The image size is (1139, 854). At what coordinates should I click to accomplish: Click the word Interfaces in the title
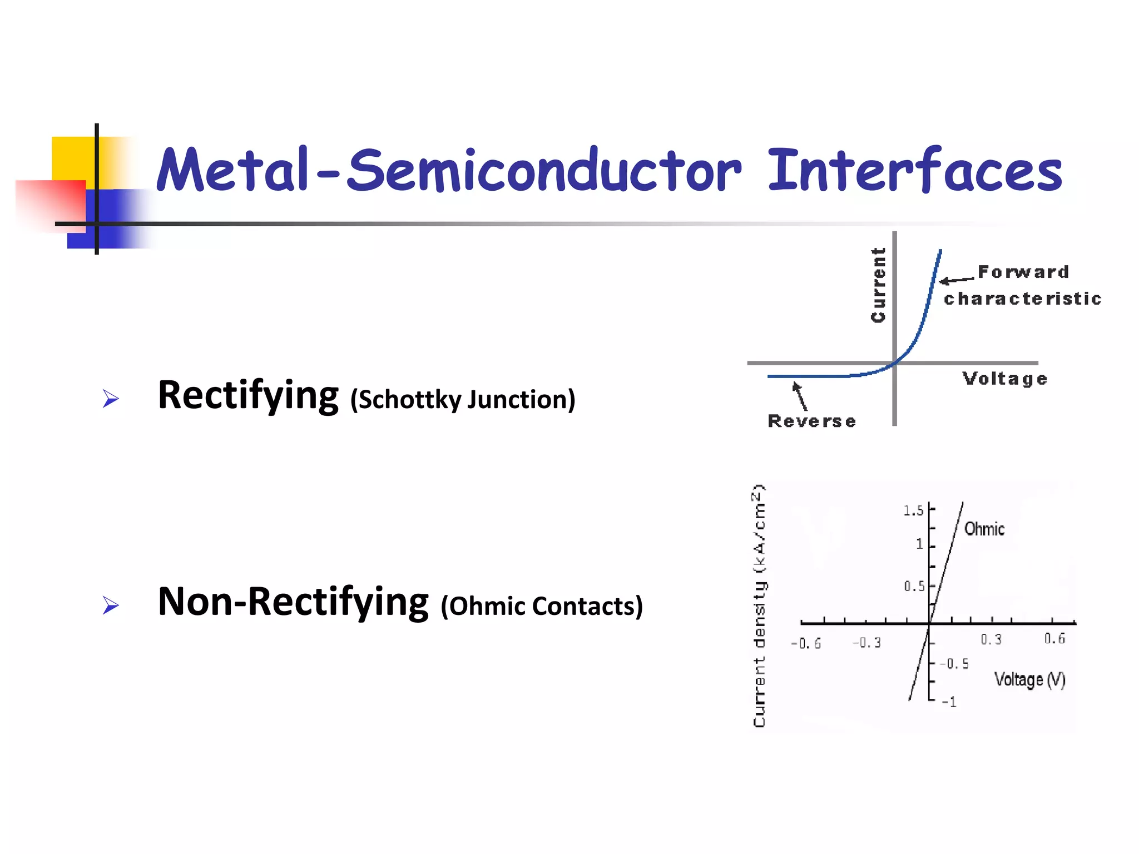coord(915,170)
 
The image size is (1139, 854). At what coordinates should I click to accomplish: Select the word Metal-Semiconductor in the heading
coord(448,170)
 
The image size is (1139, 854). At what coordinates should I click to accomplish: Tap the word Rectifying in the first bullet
coord(248,396)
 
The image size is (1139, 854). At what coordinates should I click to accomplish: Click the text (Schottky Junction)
coord(463,400)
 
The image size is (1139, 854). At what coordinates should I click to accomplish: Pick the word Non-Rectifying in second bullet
coord(293,602)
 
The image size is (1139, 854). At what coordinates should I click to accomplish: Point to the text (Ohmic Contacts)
coord(541,606)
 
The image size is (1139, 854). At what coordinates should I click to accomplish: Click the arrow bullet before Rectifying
coord(111,399)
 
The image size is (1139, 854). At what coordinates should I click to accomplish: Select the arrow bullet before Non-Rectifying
coord(111,605)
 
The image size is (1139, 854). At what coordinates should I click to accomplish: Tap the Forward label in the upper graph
coord(1023,272)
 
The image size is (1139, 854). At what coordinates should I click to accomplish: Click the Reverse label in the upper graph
coord(811,421)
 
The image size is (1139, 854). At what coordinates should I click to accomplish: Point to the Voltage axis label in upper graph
coord(1005,379)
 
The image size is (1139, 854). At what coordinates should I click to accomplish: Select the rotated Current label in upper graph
coord(878,285)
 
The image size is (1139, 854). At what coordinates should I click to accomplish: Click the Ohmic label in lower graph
coord(984,529)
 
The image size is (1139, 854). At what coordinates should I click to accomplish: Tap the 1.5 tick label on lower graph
coord(913,510)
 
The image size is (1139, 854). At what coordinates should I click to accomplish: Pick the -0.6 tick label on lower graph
coord(806,644)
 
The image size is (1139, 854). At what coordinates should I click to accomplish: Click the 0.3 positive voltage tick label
coord(991,639)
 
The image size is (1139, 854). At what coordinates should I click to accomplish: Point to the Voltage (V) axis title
coord(1029,679)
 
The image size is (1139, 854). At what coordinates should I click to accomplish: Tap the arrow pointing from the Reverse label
coord(800,396)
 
